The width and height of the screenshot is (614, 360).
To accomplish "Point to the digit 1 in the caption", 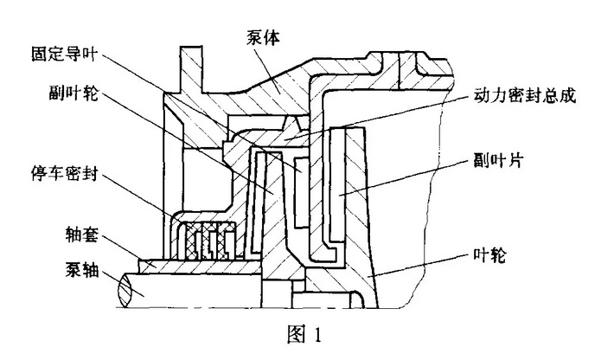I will point(318,336).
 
